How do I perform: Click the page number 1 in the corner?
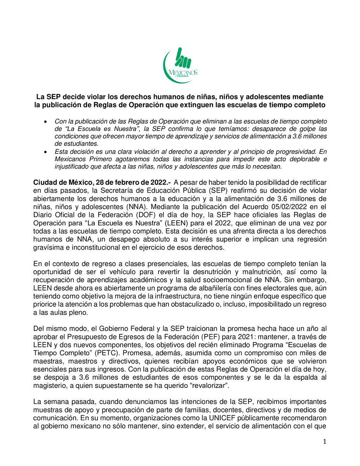click(x=325, y=442)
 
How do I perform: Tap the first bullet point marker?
click(x=47, y=122)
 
